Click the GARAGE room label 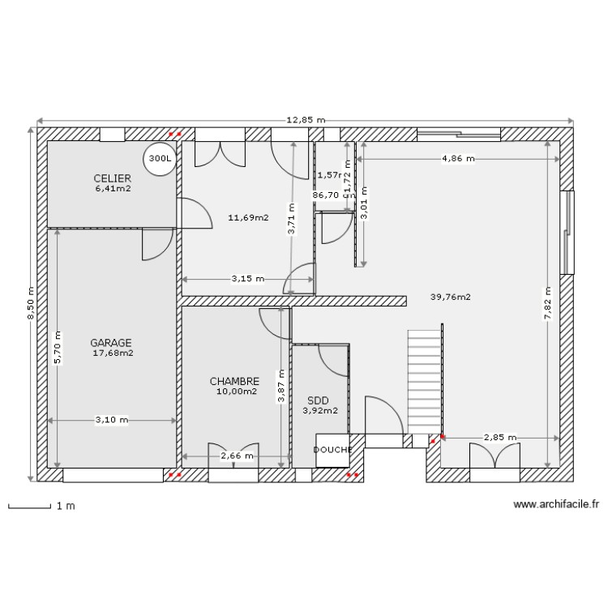pyautogui.click(x=111, y=343)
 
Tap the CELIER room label pyautogui.click(x=112, y=178)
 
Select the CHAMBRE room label pyautogui.click(x=234, y=381)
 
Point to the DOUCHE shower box pyautogui.click(x=332, y=450)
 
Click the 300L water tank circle pyautogui.click(x=159, y=160)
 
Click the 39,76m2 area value pyautogui.click(x=451, y=297)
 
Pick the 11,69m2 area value pyautogui.click(x=248, y=217)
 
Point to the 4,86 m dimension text pyautogui.click(x=458, y=159)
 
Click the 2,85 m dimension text pyautogui.click(x=499, y=438)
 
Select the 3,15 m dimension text pyautogui.click(x=247, y=279)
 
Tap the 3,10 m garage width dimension pyautogui.click(x=111, y=420)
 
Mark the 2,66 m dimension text pyautogui.click(x=237, y=456)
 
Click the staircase pyautogui.click(x=424, y=381)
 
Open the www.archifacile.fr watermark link pyautogui.click(x=555, y=504)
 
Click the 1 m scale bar pyautogui.click(x=41, y=507)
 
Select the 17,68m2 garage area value pyautogui.click(x=113, y=353)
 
